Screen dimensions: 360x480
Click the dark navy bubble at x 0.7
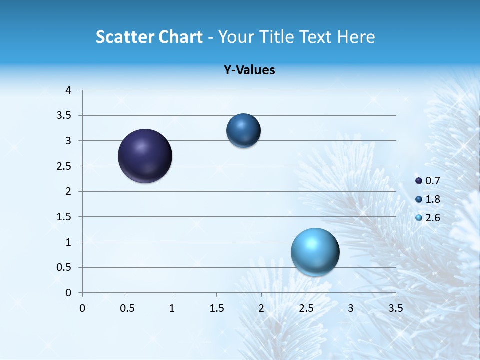pos(145,156)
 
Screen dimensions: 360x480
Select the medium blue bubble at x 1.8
pos(243,131)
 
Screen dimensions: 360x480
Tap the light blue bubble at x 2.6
pos(315,252)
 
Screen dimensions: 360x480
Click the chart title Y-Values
pos(249,70)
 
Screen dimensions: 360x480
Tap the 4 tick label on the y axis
pos(68,90)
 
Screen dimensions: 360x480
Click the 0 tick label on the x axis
pos(82,308)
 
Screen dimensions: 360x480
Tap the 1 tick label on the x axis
pos(172,308)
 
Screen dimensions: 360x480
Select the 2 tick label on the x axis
pos(261,308)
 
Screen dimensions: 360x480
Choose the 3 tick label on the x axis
pos(351,308)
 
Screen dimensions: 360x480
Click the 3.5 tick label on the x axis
pos(395,308)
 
